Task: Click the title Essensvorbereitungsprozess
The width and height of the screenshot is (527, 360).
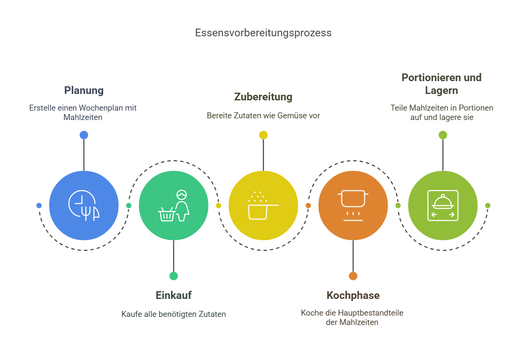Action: tap(263, 33)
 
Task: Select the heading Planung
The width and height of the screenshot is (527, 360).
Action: tap(84, 91)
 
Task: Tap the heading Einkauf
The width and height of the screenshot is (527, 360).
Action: tap(174, 296)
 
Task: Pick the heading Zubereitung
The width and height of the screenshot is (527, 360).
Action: tap(263, 97)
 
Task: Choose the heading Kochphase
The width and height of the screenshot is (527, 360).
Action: tap(353, 296)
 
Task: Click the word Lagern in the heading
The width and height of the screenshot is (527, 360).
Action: tap(442, 91)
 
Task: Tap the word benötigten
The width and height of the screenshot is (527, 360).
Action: tap(178, 314)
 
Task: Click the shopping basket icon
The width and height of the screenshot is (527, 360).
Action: tap(167, 214)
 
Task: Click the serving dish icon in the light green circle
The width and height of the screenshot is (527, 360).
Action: tap(443, 205)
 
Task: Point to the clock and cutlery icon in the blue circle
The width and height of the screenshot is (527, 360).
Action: tap(84, 205)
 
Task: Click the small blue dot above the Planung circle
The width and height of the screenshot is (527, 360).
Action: tap(84, 135)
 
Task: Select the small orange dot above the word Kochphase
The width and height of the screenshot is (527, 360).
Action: tap(353, 276)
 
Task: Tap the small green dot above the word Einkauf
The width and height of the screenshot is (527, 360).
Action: tap(174, 276)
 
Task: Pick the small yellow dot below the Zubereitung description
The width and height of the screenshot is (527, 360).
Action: tap(263, 135)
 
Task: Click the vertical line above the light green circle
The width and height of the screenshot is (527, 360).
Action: tap(443, 155)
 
